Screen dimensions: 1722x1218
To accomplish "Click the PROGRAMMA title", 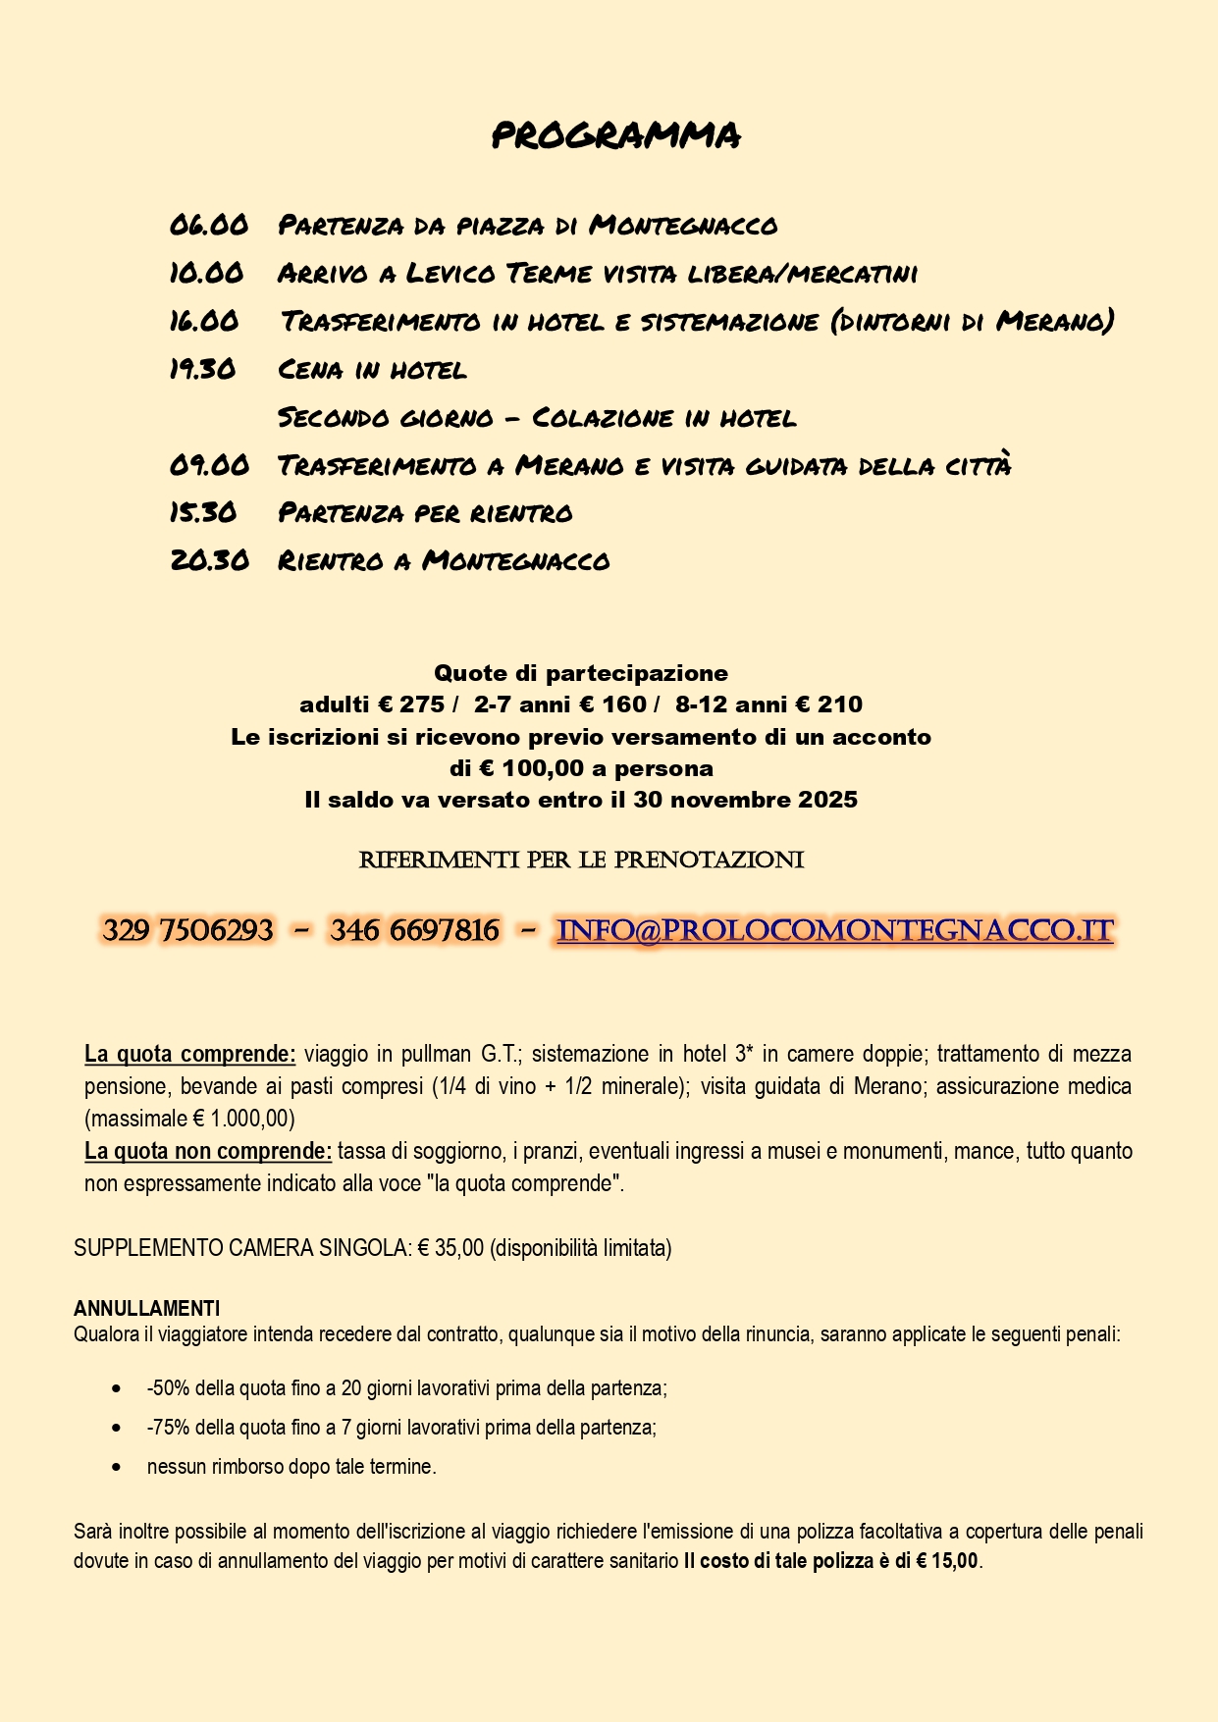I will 615,135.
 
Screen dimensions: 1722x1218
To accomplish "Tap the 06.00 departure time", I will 208,225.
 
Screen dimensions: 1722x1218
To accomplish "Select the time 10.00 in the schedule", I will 206,273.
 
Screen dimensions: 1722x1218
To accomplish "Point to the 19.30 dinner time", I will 202,369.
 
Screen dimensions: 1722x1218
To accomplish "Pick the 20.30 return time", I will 209,560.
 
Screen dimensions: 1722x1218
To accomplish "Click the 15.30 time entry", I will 203,512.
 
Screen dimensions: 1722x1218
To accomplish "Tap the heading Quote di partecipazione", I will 581,673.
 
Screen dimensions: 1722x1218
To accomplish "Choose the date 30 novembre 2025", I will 745,800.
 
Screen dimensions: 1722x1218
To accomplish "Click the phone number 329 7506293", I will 187,930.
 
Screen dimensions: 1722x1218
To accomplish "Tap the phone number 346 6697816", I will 414,930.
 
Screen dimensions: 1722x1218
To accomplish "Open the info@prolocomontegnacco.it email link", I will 834,930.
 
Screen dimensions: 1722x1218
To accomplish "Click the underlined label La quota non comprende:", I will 208,1151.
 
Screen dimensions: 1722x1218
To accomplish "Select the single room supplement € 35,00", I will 450,1248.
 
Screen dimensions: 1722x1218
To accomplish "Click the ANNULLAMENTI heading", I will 146,1308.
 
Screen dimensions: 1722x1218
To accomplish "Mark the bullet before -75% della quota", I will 117,1428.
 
